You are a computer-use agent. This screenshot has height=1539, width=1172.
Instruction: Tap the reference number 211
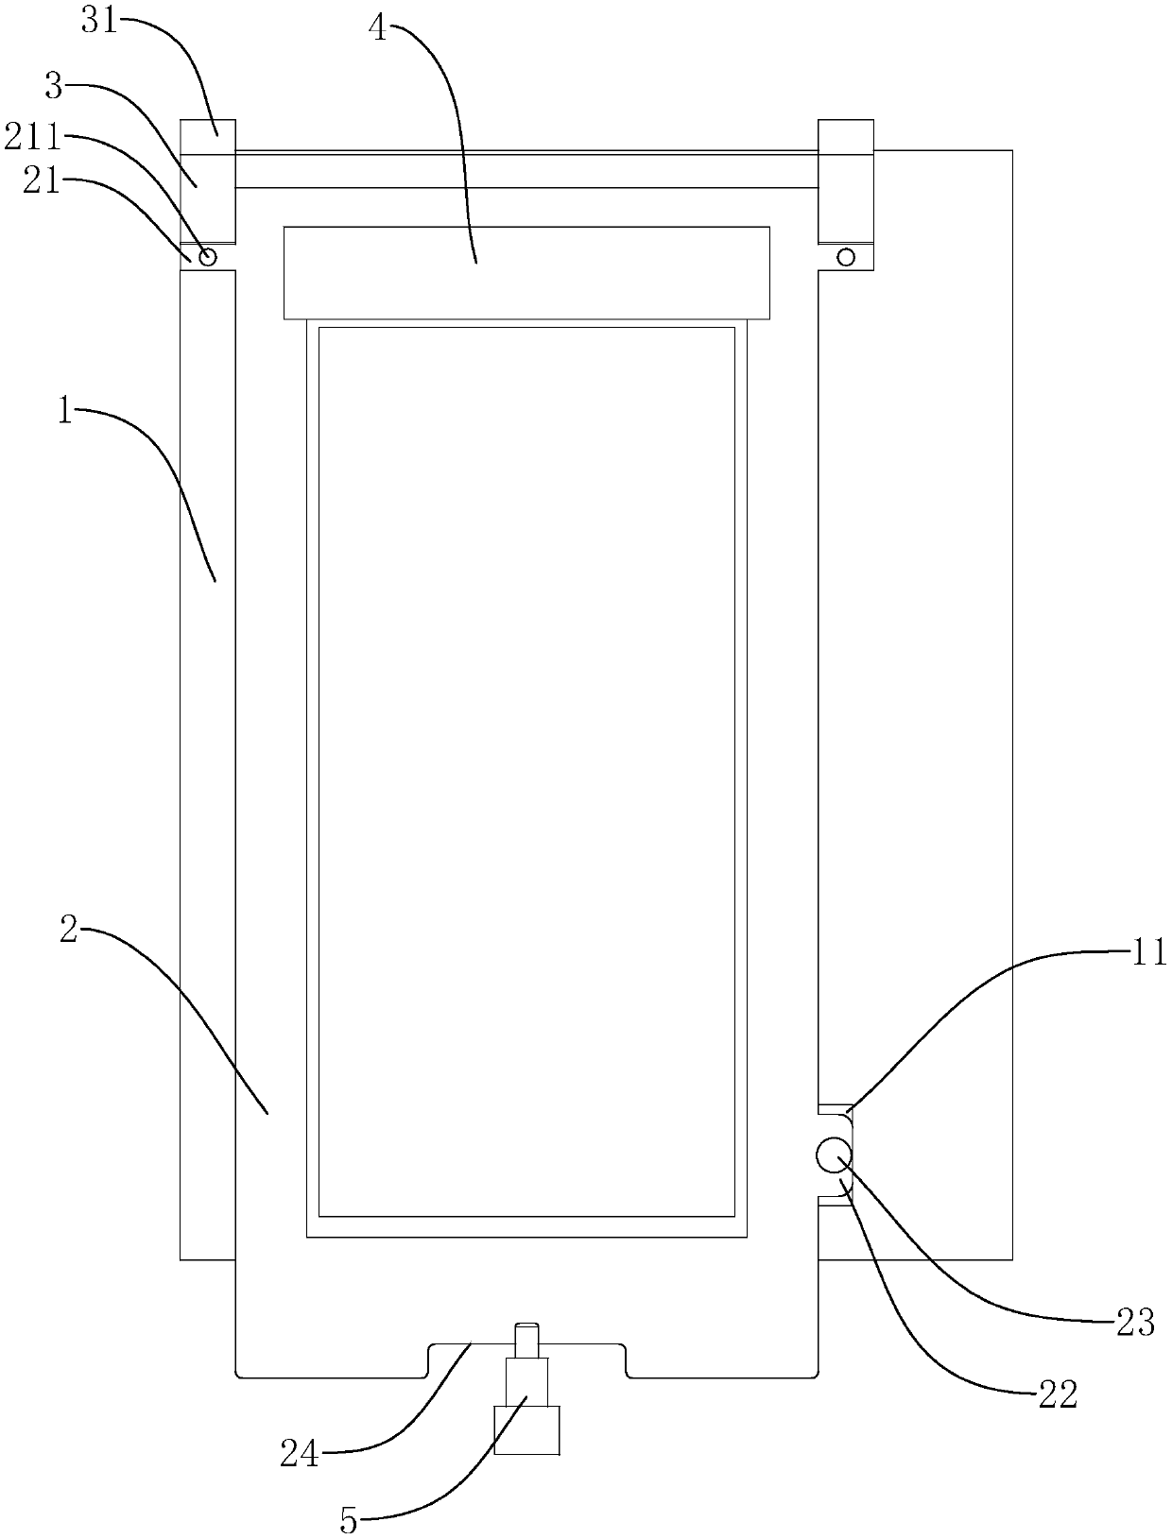31,139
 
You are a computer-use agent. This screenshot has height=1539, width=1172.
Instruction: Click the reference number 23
1135,1324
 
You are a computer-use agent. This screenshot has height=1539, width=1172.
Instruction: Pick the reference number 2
68,931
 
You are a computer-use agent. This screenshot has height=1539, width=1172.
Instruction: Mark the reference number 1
64,413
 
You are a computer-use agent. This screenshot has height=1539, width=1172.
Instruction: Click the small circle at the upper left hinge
208,256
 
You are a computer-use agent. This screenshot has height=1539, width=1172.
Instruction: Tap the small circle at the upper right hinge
846,256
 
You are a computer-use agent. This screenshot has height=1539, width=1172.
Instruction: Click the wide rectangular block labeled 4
526,272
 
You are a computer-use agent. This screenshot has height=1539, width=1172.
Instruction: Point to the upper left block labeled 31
208,136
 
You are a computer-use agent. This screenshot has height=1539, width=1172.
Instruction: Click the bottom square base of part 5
526,1429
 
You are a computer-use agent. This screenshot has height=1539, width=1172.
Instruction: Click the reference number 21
41,181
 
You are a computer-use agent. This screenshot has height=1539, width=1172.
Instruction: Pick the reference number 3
54,87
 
